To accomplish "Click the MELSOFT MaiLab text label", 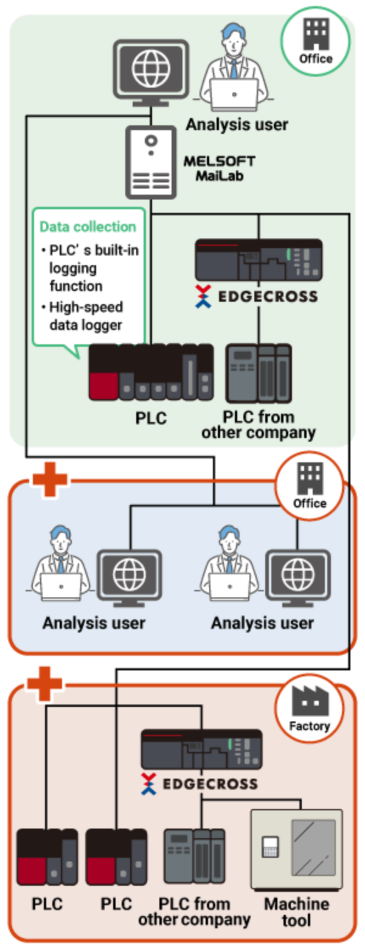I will [219, 169].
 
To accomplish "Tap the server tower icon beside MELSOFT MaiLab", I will [151, 162].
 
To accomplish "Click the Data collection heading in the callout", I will [88, 227].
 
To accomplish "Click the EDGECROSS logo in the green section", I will [256, 296].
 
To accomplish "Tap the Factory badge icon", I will [309, 707].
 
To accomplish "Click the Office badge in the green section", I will [316, 41].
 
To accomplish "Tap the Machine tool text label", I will [296, 911].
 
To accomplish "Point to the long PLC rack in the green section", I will [151, 372].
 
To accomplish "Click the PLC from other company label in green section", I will [259, 425].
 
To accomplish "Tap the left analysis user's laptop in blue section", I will [61, 586].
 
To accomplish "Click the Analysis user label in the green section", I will [237, 125].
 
